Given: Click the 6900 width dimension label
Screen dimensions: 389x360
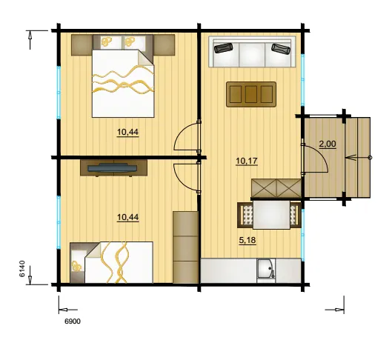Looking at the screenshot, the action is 73,321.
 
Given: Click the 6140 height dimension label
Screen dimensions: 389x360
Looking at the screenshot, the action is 22,269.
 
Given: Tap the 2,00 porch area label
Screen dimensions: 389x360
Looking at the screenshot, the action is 328,144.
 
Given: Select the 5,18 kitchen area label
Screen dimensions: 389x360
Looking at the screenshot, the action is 247,240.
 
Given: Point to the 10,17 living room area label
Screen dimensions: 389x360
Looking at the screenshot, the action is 247,161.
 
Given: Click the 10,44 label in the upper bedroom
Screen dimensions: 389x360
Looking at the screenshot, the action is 127,132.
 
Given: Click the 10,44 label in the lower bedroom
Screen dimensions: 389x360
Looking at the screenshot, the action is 127,218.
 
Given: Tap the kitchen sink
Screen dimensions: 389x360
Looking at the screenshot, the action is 266,270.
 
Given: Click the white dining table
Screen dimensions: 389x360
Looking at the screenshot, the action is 271,215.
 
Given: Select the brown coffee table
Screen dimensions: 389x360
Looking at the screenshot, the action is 251,94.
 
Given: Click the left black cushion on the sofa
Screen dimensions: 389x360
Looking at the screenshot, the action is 224,48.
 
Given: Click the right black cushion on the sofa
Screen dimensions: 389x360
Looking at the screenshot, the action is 281,48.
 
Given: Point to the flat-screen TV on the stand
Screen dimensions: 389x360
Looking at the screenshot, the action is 113,168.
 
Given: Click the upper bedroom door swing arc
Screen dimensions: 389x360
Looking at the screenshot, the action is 183,135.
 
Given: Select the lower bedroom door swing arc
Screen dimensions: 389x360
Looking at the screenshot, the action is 183,178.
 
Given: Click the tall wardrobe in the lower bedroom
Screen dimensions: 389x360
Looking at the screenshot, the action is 185,247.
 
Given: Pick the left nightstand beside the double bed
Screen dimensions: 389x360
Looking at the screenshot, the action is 82,45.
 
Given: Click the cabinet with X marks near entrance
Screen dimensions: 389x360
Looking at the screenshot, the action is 276,187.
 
